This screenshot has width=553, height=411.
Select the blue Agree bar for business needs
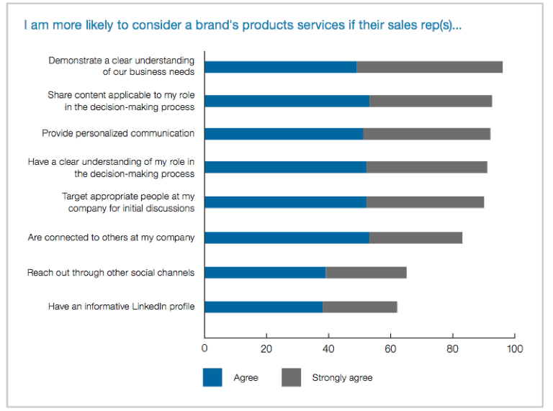(x=281, y=67)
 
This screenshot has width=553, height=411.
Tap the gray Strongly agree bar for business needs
(x=429, y=67)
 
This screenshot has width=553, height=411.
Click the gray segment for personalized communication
(x=426, y=134)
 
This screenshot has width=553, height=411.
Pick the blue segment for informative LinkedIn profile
(x=264, y=307)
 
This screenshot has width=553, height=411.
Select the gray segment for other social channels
(x=366, y=272)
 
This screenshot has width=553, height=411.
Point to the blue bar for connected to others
(x=287, y=238)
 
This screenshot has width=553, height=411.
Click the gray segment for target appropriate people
(x=425, y=202)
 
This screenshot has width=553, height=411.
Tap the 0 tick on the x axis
(x=204, y=349)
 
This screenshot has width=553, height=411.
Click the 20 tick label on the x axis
(x=266, y=349)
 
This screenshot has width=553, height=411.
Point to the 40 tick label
(x=328, y=349)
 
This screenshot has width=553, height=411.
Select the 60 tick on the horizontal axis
(x=390, y=349)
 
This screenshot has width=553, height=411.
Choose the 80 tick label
(x=452, y=349)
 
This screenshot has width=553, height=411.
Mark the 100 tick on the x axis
(x=514, y=349)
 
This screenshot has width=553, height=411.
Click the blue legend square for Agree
(x=212, y=377)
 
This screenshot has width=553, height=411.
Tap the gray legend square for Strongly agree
(x=291, y=377)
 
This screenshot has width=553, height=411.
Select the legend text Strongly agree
(x=342, y=378)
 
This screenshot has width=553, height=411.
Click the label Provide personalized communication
(x=118, y=133)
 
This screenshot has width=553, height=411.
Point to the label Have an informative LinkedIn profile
(x=121, y=307)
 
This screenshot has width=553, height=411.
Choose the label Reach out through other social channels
(x=111, y=273)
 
